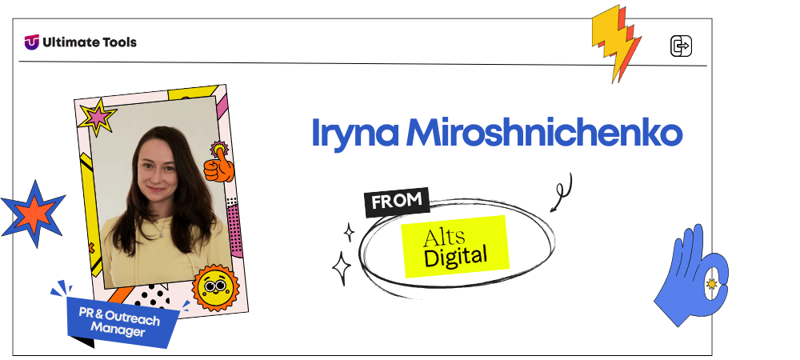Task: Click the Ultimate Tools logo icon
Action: pyautogui.click(x=32, y=42)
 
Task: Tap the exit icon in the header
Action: pyautogui.click(x=680, y=46)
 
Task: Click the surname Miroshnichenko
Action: pyautogui.click(x=544, y=134)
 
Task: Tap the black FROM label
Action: pyautogui.click(x=397, y=202)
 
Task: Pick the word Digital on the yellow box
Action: pyautogui.click(x=455, y=257)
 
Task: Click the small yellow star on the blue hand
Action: pyautogui.click(x=710, y=284)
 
